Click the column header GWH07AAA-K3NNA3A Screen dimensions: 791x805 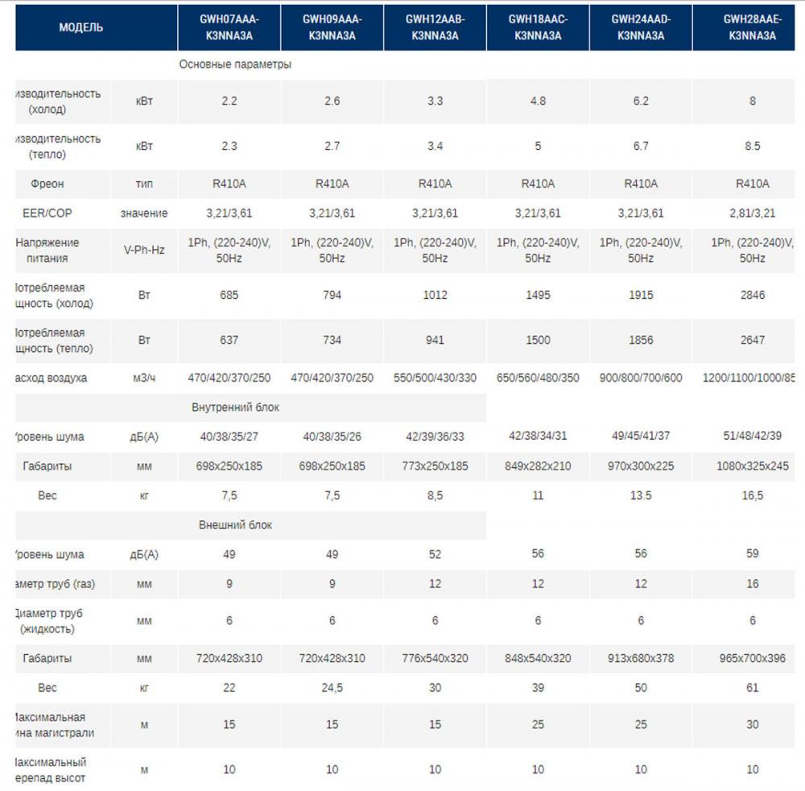point(229,27)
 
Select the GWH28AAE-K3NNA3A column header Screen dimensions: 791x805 point(752,27)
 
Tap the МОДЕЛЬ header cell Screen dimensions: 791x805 point(80,27)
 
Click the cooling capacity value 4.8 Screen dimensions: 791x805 point(538,101)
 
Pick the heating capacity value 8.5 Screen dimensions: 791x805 point(753,147)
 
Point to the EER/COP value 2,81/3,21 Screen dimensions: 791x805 point(753,213)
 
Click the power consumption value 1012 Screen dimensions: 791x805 point(435,295)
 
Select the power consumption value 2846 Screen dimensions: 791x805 point(753,295)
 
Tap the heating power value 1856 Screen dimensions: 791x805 point(641,340)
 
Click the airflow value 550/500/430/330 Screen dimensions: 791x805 point(435,378)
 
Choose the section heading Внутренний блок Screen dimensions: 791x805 point(236,408)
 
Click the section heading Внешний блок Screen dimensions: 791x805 point(236,525)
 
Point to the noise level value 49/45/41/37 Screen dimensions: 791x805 point(641,437)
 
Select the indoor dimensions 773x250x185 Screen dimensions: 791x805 point(435,466)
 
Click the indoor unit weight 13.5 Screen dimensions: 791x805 point(641,496)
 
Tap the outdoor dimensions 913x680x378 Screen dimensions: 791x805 point(641,659)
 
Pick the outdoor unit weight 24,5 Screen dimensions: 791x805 point(332,688)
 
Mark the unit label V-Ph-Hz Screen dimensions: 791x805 point(144,251)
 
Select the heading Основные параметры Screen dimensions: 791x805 point(235,64)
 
